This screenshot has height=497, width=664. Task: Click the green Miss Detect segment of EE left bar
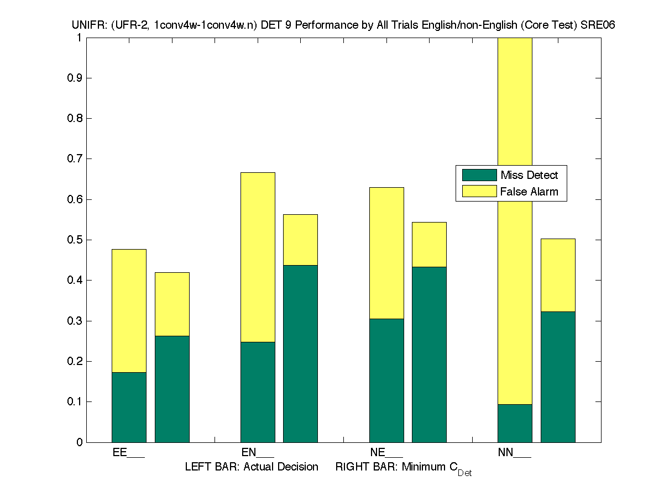129,407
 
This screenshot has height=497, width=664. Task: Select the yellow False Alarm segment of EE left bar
129,310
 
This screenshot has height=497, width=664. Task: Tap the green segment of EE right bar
172,389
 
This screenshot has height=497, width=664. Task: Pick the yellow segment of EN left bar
258,257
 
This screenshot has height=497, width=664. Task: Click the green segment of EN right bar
300,353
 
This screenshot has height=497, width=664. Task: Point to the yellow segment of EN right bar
300,240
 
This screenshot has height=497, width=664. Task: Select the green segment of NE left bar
386,380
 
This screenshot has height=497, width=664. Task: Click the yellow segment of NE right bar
429,244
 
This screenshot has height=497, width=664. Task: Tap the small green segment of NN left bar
515,423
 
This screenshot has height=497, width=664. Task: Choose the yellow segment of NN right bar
558,275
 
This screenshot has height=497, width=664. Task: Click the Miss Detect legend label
529,176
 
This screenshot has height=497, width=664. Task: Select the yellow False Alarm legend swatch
479,192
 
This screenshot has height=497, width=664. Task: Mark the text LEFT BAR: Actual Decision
252,467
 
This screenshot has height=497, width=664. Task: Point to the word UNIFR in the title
85,25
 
